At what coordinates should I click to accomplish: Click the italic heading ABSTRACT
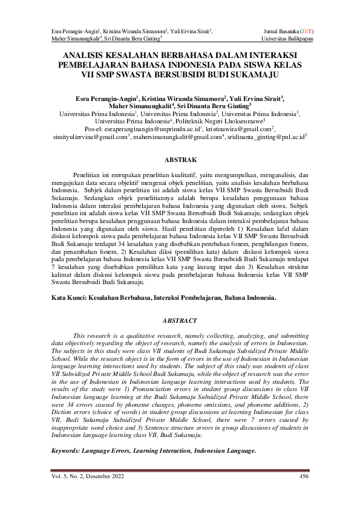(x=180, y=320)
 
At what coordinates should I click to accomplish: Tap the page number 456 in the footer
(x=304, y=477)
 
